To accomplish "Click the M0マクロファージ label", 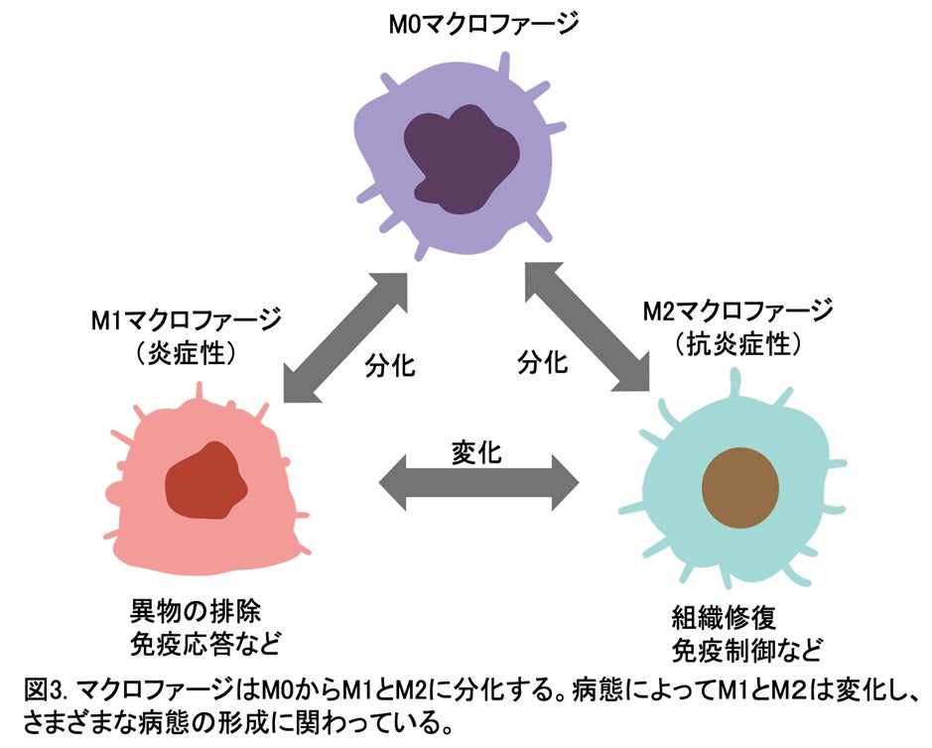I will click(x=469, y=22).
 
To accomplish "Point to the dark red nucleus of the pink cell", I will click(x=205, y=477).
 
